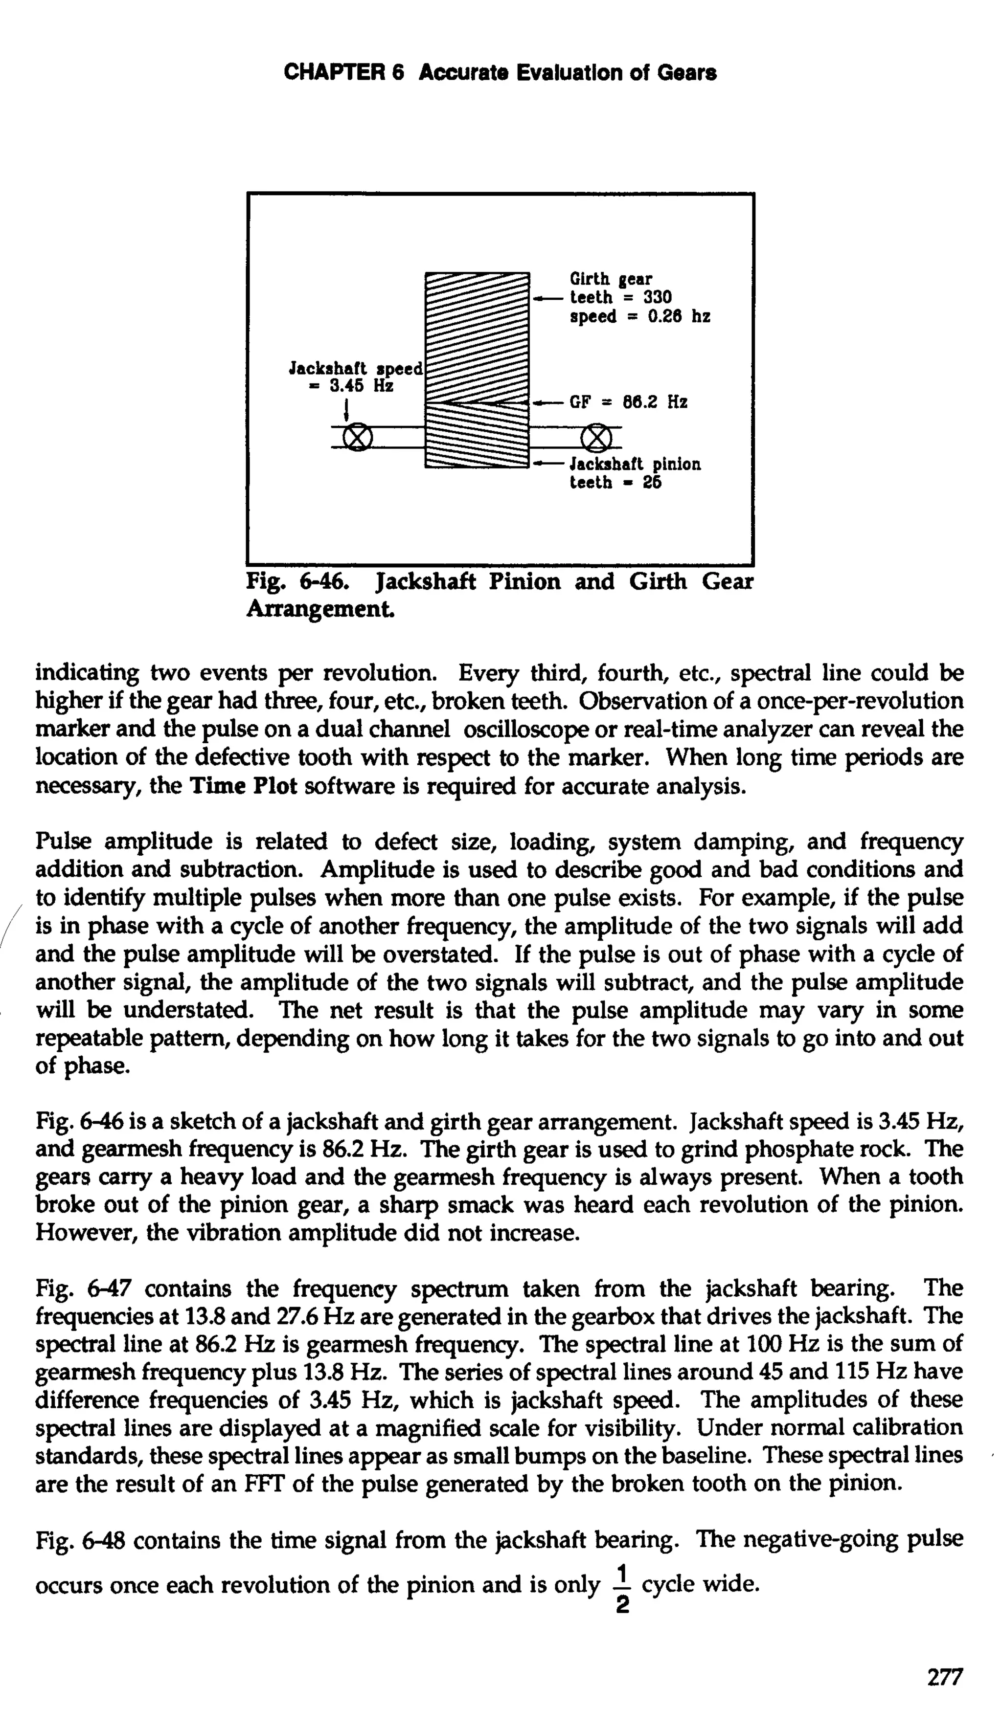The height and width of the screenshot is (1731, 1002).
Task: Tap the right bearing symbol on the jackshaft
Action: (x=596, y=436)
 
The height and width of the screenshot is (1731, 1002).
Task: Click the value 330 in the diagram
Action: (x=657, y=297)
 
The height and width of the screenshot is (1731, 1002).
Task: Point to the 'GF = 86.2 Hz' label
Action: (x=627, y=402)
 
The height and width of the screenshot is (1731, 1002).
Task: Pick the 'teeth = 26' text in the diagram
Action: (x=615, y=483)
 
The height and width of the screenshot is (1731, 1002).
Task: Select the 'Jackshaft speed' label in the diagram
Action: (x=355, y=368)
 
